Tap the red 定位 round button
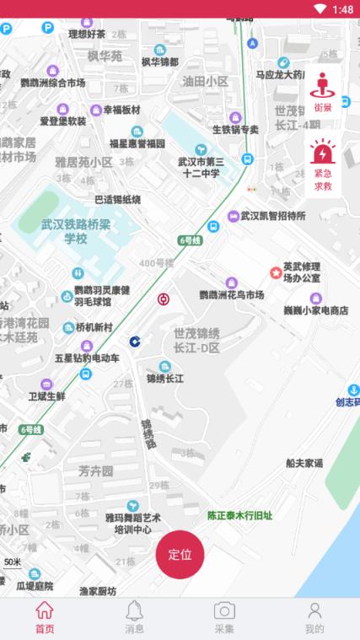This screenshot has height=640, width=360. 180,554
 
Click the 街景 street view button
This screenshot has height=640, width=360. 323,92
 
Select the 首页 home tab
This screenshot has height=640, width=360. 45,617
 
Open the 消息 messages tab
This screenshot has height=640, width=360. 134,617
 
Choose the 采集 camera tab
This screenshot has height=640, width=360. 224,617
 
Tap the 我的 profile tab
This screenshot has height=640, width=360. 314,617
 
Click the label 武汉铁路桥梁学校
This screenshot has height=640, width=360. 77,232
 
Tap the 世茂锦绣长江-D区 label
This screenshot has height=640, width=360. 196,340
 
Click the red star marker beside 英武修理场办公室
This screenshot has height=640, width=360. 275,272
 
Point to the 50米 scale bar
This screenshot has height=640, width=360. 13,563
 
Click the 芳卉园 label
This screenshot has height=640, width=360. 95,471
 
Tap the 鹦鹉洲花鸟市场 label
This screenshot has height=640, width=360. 231,294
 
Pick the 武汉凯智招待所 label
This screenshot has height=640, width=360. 272,216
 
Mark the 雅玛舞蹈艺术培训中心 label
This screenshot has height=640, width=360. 133,523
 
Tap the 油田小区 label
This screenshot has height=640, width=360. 205,81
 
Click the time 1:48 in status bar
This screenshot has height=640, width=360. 342,9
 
